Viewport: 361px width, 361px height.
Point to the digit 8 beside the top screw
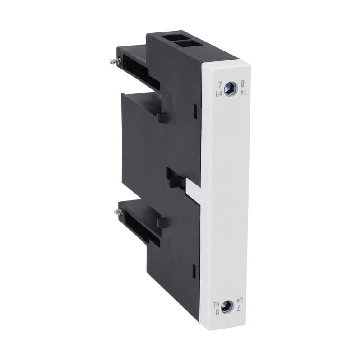pos(243,84)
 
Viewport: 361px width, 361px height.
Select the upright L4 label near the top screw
pos(219,93)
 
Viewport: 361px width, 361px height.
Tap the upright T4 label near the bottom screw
pos(217,303)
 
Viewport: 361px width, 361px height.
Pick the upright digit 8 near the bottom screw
pos(217,311)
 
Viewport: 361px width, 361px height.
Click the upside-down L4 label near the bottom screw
pos(240,300)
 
